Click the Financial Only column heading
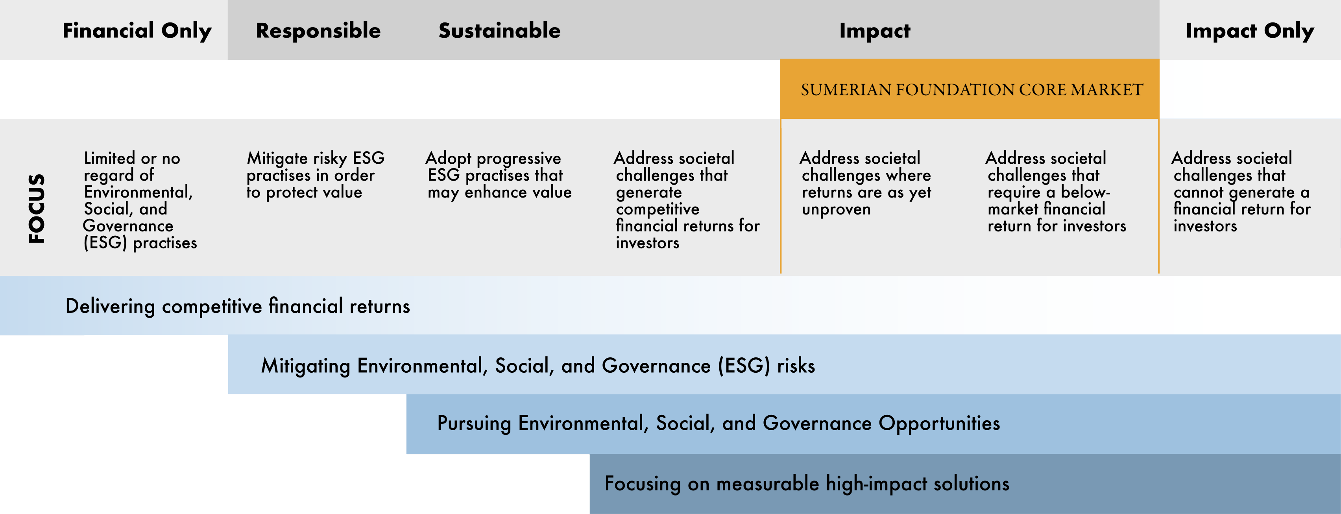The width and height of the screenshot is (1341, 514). pyautogui.click(x=137, y=31)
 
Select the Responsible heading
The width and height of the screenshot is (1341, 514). pyautogui.click(x=318, y=31)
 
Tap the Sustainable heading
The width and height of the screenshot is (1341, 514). pyautogui.click(x=500, y=31)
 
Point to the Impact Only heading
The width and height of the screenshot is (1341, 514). pyautogui.click(x=1250, y=31)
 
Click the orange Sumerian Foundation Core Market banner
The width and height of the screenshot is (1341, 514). pyautogui.click(x=969, y=89)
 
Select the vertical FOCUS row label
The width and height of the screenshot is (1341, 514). pyautogui.click(x=37, y=208)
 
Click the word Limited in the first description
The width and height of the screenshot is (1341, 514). pyautogui.click(x=109, y=158)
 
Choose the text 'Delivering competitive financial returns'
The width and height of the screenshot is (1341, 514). pyautogui.click(x=237, y=306)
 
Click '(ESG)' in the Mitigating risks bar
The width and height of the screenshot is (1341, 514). pyautogui.click(x=744, y=366)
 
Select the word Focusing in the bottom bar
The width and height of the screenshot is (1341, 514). pyautogui.click(x=643, y=484)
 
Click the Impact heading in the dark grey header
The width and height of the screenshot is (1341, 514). pyautogui.click(x=875, y=31)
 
